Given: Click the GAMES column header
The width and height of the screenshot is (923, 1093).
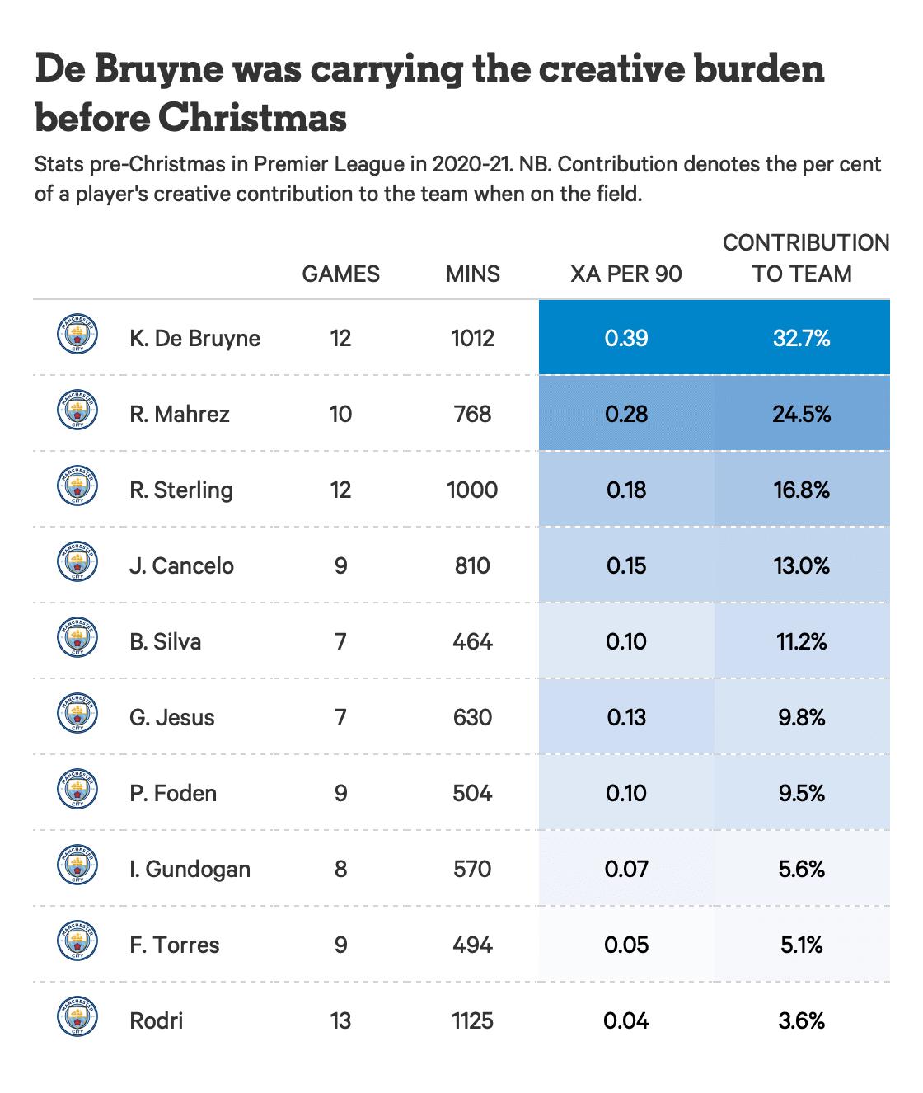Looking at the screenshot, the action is coord(341,274).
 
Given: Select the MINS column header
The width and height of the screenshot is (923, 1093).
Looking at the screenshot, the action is coord(473,274).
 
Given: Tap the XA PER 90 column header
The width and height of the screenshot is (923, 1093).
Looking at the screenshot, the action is coord(626,274).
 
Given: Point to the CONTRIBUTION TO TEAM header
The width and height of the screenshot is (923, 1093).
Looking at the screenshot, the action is coord(806,258).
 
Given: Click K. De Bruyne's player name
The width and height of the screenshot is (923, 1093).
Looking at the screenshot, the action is coord(194,338).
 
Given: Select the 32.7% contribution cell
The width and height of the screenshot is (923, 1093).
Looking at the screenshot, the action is coord(802,338).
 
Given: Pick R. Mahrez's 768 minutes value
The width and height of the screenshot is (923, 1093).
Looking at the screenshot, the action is coord(472,414).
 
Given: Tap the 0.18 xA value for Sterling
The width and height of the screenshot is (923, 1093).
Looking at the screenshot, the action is coord(626,490).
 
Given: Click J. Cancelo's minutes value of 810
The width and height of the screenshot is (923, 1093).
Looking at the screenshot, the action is coord(472,565).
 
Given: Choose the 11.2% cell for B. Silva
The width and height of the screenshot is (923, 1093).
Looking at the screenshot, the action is coord(802,642).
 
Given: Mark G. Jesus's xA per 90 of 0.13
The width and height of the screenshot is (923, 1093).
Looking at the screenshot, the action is coord(626,718).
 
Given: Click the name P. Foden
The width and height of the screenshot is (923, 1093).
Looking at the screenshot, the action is coord(173,794).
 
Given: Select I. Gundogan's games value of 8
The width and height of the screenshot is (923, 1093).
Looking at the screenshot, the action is coord(341,870).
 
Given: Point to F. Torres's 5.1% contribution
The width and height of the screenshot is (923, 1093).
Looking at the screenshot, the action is coord(802,945).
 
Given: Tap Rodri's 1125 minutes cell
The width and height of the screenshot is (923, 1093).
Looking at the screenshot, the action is coord(472,1021).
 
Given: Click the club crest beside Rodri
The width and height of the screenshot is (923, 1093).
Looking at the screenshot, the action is coord(77,1016).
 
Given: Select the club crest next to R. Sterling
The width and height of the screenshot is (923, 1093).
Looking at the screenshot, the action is coord(77,486).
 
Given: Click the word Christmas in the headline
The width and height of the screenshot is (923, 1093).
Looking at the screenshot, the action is coord(252,117).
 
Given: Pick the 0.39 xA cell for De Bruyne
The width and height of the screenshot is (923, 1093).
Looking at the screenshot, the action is coord(626,338).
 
